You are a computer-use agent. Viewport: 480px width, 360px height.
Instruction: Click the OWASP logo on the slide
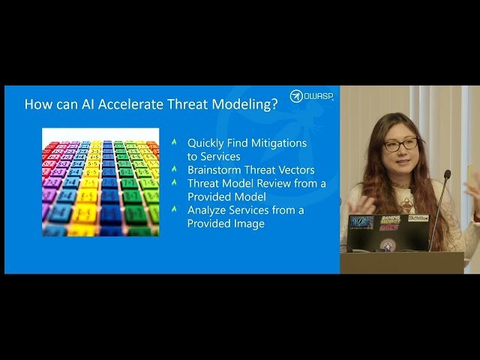point(311,96)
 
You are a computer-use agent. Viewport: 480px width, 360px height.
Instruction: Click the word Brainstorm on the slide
point(213,169)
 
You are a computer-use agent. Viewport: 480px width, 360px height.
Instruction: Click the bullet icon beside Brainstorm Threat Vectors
point(174,169)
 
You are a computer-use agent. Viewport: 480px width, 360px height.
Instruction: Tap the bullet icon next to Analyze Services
point(174,210)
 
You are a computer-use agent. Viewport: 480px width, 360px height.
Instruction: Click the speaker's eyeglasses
point(400,144)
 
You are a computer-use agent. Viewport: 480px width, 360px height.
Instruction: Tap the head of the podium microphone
point(447,175)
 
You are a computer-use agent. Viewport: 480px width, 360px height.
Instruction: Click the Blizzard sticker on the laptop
point(361,221)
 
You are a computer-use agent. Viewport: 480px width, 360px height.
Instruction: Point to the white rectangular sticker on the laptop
point(418,218)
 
